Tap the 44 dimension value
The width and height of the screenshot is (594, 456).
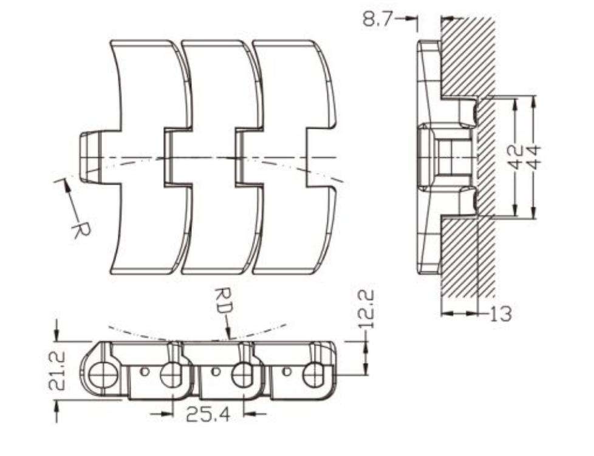534,157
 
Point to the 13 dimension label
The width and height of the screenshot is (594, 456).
500,314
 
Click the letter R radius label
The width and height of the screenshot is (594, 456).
78,229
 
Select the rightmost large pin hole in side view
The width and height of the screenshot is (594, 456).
315,375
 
